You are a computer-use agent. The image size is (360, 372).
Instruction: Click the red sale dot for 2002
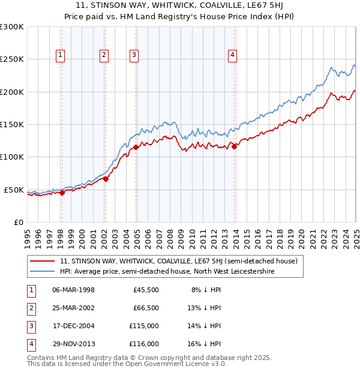[x=106, y=178]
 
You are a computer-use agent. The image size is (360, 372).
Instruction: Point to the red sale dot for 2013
[x=235, y=146]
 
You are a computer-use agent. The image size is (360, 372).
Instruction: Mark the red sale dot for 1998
[x=62, y=193]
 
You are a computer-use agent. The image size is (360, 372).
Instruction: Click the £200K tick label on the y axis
[x=12, y=92]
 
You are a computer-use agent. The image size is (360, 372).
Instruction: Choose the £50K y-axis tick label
[x=14, y=190]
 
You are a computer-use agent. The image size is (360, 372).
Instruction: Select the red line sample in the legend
[x=42, y=261]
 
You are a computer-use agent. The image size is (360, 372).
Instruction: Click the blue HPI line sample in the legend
[x=42, y=271]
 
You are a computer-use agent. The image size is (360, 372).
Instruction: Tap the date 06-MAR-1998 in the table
[x=74, y=289]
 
